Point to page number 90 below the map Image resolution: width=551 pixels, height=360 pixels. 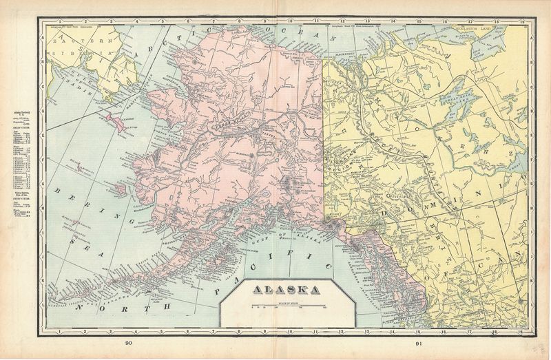(x=131, y=342)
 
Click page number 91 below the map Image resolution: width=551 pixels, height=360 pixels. (x=418, y=342)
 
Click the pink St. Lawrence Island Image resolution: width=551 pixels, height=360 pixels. (x=120, y=124)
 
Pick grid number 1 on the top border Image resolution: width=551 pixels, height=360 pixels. (x=61, y=21)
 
